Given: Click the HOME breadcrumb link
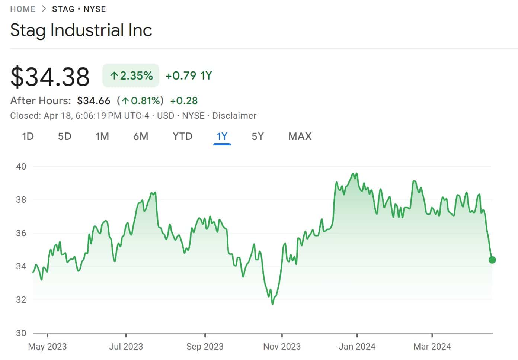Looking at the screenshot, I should pos(23,9).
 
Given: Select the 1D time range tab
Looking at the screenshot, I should pos(28,136).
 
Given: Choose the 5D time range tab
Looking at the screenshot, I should pos(64,136).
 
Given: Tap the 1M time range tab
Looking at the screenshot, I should pos(102,136).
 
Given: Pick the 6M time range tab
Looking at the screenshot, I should pos(141,136).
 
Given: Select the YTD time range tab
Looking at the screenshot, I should pos(182,136).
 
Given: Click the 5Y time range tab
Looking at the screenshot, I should pos(258,136).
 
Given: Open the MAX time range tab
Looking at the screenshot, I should pos(300,136).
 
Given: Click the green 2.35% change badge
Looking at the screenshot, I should pos(131,76).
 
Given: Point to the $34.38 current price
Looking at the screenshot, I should pos(50,77).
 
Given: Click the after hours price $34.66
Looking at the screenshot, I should pos(94,101).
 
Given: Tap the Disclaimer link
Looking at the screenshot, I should pos(234,116).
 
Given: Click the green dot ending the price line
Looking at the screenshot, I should pos(492,260).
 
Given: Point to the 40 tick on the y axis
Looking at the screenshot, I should pos(21,167).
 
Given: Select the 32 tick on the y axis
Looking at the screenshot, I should pos(21,300).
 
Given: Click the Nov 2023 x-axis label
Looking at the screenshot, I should pos(282,347).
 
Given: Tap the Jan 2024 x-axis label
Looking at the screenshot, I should pos(357,347).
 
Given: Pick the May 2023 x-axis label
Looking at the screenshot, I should pos(47,347).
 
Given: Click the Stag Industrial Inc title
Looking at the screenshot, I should pos(81,30).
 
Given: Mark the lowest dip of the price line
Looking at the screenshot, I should pos(272,304).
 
